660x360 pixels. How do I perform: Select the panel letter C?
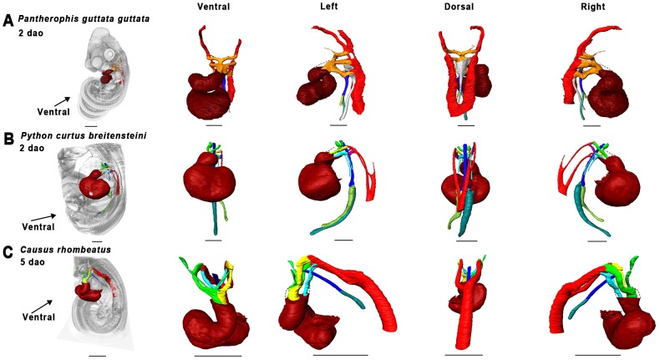point(8,248)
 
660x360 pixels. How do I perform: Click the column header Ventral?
point(214,6)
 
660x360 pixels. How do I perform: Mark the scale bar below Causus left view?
point(340,355)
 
